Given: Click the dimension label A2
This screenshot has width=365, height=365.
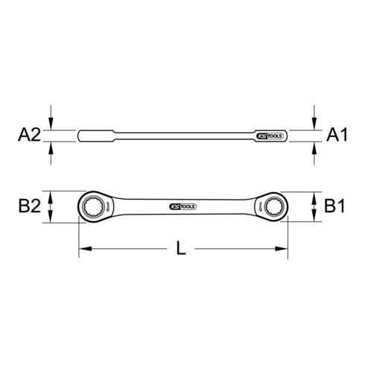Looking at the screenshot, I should point(28,136).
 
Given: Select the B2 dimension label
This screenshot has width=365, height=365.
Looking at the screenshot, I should point(28,205).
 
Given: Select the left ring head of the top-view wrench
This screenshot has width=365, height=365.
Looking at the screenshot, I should point(94,205).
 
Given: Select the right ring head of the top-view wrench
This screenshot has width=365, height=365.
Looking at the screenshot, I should point(271,205).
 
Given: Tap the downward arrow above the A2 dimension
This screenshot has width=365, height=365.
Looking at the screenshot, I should point(51,124).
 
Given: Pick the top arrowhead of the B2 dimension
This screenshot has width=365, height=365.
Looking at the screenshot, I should point(51,195).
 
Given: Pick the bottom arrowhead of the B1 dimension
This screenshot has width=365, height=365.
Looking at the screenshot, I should point(313,216).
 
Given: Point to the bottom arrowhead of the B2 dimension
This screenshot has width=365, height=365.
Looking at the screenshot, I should point(51,216).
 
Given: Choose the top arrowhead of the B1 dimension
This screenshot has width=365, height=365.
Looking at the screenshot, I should point(313,195).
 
